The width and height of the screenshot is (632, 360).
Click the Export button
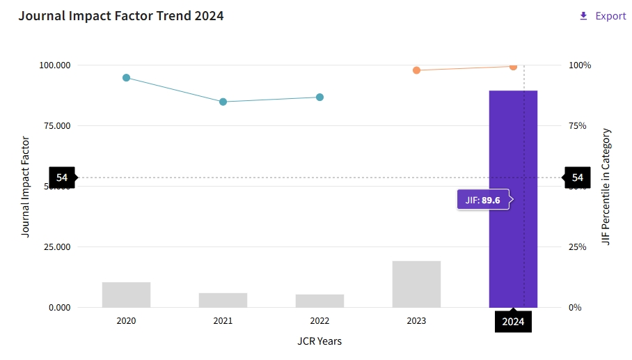point(603,16)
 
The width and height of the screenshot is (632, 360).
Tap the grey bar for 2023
point(416,284)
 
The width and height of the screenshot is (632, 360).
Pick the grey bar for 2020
point(126,295)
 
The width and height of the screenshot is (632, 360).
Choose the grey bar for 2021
point(223,300)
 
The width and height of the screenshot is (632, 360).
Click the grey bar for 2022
point(319,301)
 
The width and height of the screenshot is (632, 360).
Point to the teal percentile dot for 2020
point(126,78)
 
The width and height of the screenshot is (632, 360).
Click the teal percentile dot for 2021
point(223,102)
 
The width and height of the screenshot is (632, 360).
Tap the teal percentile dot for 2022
point(319,97)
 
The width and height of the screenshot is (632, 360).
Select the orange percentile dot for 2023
point(416,70)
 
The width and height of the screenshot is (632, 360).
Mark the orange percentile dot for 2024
point(513,67)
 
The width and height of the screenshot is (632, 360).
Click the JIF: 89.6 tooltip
point(483,201)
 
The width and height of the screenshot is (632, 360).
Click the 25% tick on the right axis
point(580,247)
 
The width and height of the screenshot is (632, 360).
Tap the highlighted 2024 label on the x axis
point(513,322)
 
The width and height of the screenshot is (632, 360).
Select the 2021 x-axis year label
point(223,321)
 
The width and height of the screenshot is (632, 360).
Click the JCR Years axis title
point(319,341)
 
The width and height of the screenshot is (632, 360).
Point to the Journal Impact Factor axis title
point(26,186)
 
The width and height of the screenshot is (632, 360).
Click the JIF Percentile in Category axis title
point(606,186)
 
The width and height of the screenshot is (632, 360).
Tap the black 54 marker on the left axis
point(62,178)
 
